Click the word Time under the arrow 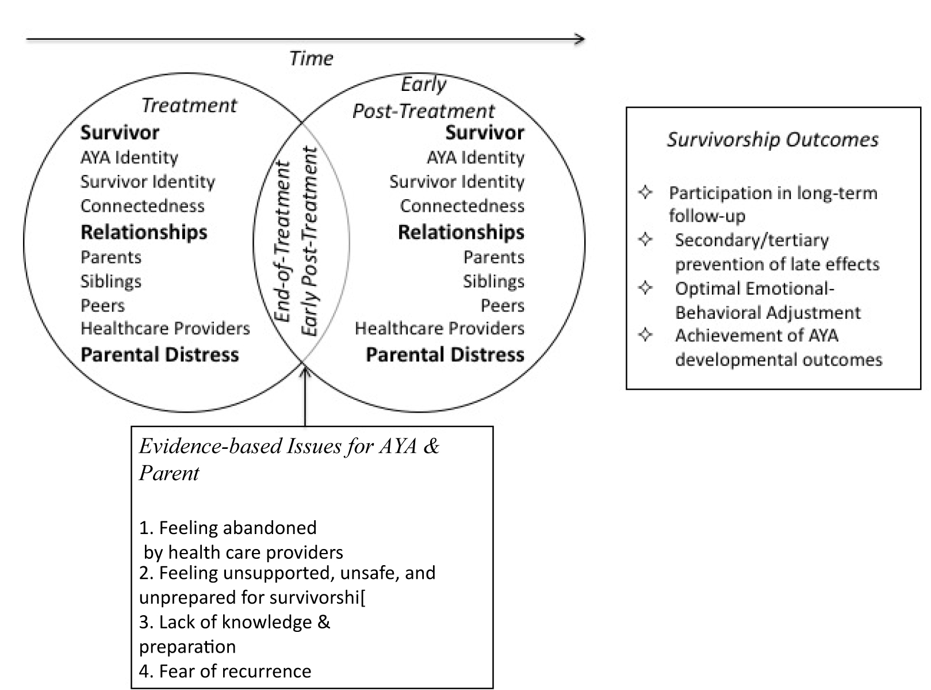click(311, 58)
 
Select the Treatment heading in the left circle click(189, 105)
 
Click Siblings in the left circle click(111, 281)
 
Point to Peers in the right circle click(503, 306)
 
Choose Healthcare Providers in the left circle click(165, 329)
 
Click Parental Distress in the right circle click(445, 354)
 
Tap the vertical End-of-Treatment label click(283, 242)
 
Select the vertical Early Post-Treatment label click(309, 242)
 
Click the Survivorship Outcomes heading click(773, 140)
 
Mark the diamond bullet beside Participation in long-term click(645, 192)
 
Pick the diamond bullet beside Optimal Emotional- click(645, 287)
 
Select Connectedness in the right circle click(462, 206)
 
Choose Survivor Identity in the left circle click(148, 182)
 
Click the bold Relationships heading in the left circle click(144, 232)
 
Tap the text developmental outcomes click(779, 360)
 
